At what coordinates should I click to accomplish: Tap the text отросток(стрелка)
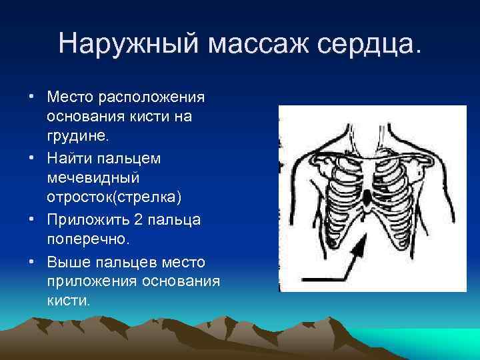point(113,199)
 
